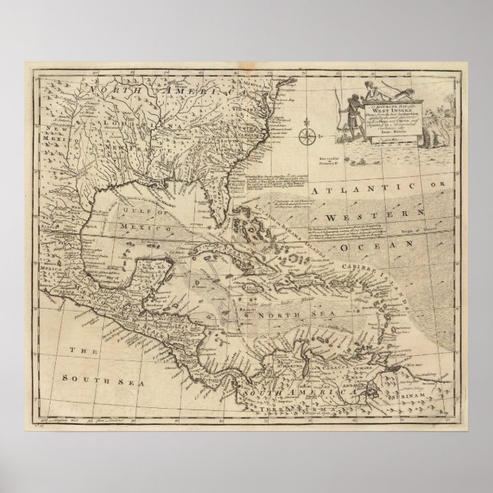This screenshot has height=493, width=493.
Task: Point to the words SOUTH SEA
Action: click(x=87, y=376)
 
